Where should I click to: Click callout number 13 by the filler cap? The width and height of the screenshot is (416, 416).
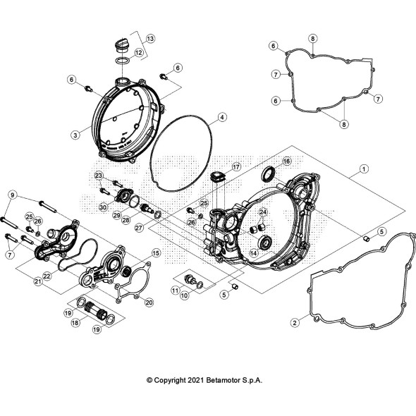[x=150, y=39]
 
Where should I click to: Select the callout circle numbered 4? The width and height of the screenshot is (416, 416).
[x=222, y=117]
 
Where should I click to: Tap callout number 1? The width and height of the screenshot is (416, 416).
[x=364, y=169]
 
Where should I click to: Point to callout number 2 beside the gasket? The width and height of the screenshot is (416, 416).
[x=295, y=323]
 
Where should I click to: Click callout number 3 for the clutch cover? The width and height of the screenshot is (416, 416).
[x=75, y=135]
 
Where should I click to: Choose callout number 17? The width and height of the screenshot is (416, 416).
[x=236, y=167]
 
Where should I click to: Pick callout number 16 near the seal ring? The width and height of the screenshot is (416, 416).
[x=286, y=161]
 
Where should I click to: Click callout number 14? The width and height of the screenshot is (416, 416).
[x=254, y=253]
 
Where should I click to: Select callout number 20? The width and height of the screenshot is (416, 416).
[x=149, y=302]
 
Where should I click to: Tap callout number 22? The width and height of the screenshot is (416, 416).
[x=47, y=276]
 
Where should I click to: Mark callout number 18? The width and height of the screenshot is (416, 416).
[x=75, y=323]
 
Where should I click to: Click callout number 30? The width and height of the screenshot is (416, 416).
[x=103, y=207]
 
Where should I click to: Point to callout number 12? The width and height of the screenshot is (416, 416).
[x=138, y=53]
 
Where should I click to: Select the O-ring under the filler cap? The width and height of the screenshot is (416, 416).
[x=123, y=61]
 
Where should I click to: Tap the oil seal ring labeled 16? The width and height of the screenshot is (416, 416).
[x=268, y=173]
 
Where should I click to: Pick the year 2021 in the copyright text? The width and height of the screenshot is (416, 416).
[x=196, y=380]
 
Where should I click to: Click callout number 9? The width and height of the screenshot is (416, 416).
[x=13, y=195]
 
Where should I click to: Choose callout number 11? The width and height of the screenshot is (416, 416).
[x=175, y=290]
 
